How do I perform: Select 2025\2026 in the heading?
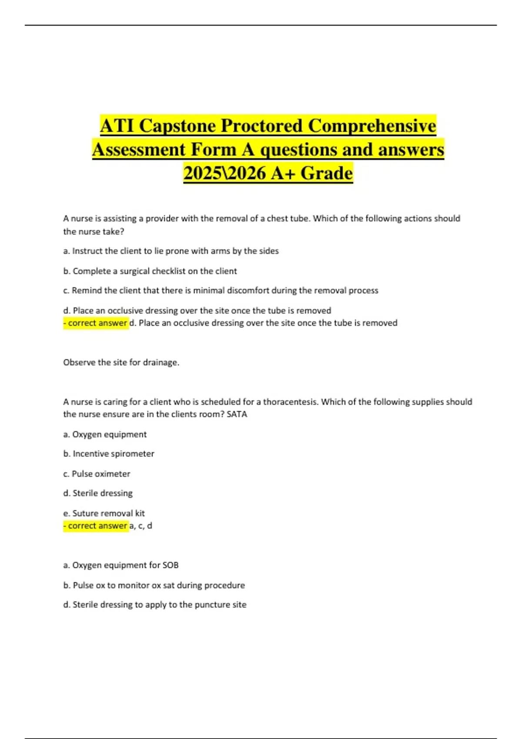pos(224,173)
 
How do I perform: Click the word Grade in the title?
pos(327,173)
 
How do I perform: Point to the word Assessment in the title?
pos(139,150)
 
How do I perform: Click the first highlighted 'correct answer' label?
pos(96,323)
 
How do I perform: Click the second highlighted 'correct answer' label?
pos(96,526)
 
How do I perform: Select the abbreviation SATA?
pos(237,414)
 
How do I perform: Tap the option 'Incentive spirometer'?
pos(113,453)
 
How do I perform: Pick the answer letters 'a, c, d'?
pos(141,526)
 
